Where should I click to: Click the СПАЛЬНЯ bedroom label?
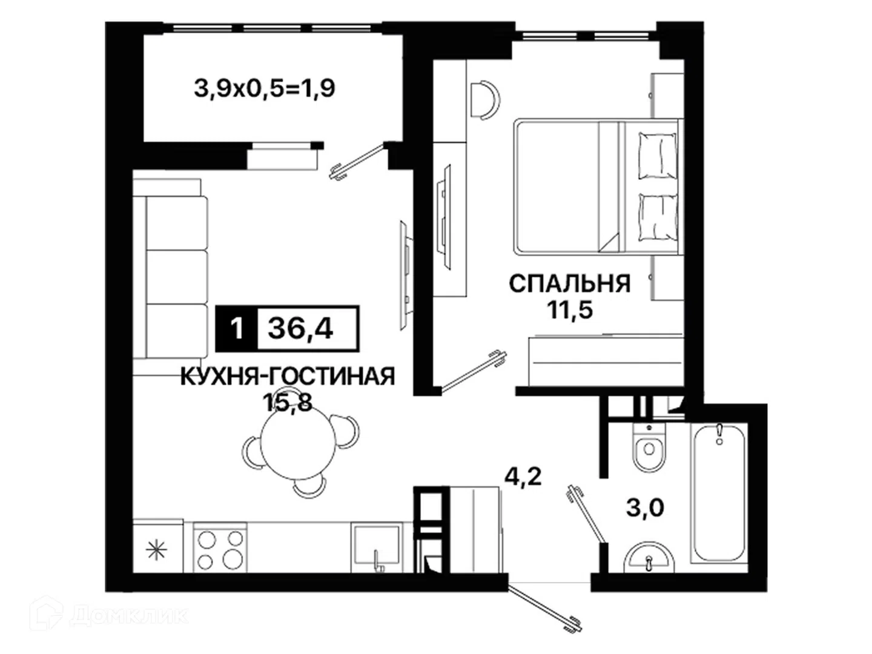570,284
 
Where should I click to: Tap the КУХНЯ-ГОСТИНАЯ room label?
288,377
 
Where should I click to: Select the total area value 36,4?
300,328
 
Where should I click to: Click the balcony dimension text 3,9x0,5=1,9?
265,88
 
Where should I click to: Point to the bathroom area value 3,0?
645,508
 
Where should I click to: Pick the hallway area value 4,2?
523,477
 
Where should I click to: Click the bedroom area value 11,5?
570,310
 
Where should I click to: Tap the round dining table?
299,443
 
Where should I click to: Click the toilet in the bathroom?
649,447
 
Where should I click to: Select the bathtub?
719,493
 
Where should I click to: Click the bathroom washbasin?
649,558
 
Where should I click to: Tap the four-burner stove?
220,548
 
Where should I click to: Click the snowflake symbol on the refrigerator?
156,550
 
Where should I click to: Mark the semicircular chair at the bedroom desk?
484,100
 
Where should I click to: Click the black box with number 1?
237,328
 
